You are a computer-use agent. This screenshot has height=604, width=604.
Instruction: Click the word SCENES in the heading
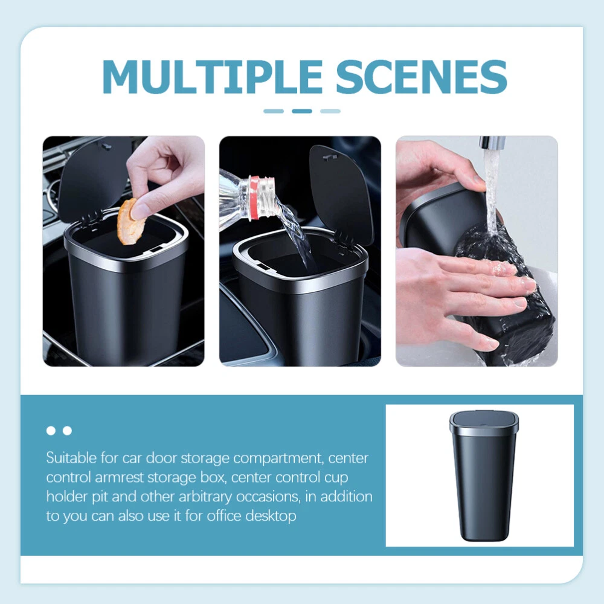422,77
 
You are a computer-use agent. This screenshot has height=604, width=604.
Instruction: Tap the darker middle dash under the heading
301,111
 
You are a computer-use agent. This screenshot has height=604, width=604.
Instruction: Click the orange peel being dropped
130,222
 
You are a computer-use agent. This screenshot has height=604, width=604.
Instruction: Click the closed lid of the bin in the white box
484,422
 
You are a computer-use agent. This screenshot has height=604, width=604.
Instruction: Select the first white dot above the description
51,431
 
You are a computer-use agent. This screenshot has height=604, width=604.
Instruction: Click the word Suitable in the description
71,458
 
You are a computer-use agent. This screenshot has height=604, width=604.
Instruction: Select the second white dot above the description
68,431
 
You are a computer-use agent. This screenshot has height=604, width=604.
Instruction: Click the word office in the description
225,516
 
